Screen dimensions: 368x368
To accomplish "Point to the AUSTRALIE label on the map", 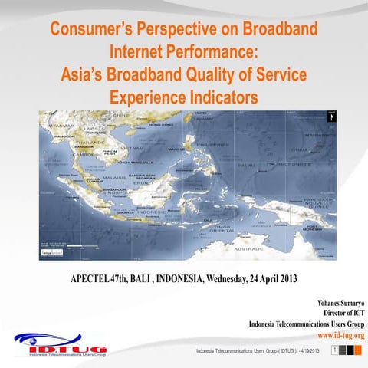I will (x=251, y=249).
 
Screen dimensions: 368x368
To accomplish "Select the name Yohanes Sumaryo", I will (x=334, y=302).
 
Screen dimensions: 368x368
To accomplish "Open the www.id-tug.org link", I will (x=340, y=335).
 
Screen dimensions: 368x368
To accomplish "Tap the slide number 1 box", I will (x=334, y=350).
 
